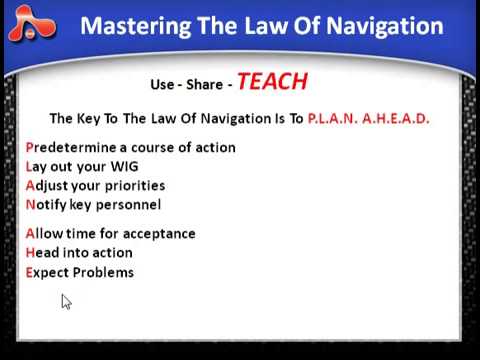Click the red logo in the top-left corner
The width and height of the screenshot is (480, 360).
click(31, 27)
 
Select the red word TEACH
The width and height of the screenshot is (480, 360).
click(272, 82)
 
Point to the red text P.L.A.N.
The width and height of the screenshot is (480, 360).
click(337, 118)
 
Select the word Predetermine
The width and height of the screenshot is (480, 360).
click(70, 147)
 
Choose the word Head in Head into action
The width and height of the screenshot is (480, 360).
click(42, 253)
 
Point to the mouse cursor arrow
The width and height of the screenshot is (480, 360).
click(66, 302)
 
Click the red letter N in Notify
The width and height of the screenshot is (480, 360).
click(30, 205)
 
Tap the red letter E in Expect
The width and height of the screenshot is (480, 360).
click(29, 272)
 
